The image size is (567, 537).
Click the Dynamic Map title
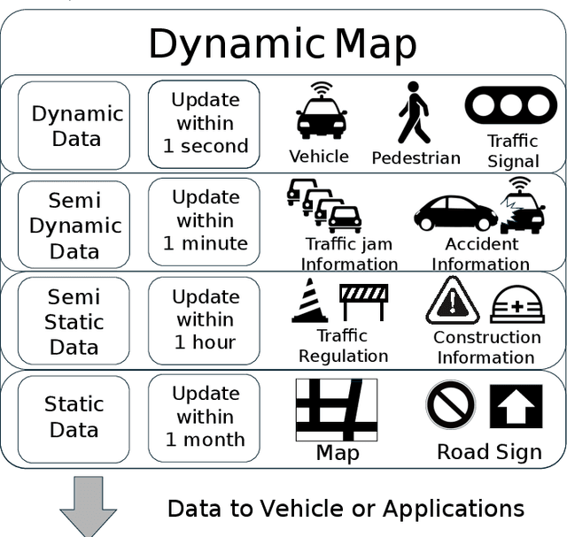(x=282, y=43)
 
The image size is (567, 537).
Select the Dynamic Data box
(x=74, y=126)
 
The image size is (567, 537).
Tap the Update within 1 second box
(x=204, y=124)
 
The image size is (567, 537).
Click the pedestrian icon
(x=413, y=113)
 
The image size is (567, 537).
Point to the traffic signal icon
(x=510, y=105)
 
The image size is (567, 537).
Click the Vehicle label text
(x=319, y=157)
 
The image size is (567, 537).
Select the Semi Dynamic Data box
(x=74, y=225)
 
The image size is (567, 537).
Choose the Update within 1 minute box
(x=204, y=221)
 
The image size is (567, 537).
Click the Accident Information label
(x=481, y=254)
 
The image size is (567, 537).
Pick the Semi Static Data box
(x=74, y=322)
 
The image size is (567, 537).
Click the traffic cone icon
(x=310, y=301)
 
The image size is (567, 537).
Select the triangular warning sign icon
(x=453, y=301)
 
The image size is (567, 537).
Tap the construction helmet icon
(x=517, y=304)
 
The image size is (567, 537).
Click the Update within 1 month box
(x=204, y=417)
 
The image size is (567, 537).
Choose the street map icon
(x=336, y=410)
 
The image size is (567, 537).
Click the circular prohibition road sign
(x=451, y=405)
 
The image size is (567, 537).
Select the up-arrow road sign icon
(x=516, y=406)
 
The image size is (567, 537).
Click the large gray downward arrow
(x=88, y=506)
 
